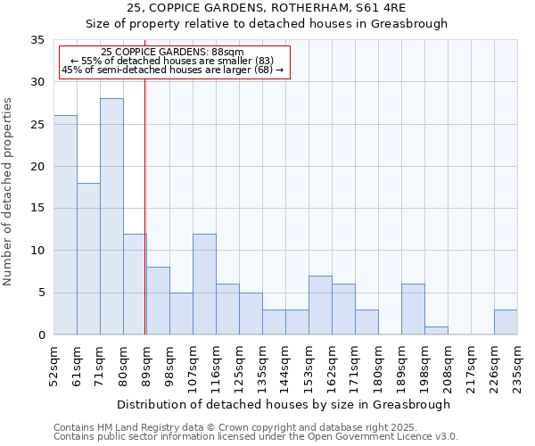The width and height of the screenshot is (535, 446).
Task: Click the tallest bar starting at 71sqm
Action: [111, 217]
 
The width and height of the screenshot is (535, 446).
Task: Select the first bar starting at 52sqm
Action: [65, 225]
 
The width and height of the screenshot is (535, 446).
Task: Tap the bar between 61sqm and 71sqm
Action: [88, 259]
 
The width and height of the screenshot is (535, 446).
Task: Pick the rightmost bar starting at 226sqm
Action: [506, 322]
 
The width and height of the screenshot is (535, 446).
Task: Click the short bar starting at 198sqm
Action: [436, 331]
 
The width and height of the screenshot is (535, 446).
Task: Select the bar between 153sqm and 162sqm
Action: [320, 305]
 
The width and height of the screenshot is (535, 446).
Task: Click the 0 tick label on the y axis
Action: [40, 335]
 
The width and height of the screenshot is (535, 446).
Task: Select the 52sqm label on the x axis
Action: [54, 365]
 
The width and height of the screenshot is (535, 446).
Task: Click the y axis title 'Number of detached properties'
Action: [8, 192]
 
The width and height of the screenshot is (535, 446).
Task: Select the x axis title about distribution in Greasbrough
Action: [284, 404]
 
